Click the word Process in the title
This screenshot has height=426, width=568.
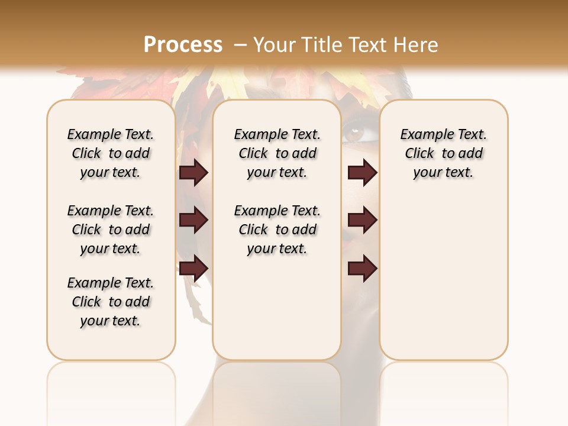[183, 45]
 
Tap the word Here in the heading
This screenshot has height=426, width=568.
[417, 45]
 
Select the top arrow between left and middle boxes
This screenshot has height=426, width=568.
[193, 173]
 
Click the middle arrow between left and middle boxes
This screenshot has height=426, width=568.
[193, 220]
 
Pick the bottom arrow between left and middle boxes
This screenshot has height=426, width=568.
[193, 268]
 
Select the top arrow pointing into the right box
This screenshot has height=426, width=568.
[362, 173]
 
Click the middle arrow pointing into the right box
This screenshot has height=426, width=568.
[362, 220]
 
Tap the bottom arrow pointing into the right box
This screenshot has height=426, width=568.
[362, 268]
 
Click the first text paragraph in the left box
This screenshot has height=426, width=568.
[111, 153]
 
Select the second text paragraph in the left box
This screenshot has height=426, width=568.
[111, 230]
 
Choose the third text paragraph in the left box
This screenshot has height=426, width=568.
[111, 302]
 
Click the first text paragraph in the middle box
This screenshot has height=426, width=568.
[277, 153]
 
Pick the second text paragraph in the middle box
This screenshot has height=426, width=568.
[277, 230]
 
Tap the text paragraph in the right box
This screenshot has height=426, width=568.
[443, 153]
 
